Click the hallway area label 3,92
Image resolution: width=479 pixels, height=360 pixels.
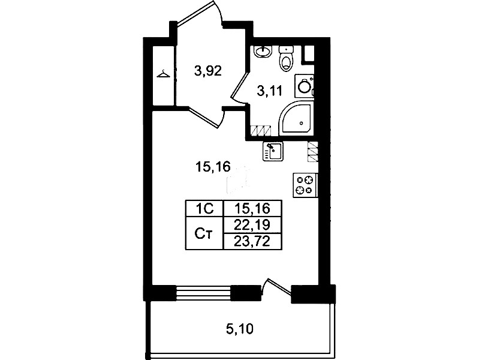[208, 71]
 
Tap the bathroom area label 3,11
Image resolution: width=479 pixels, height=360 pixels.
[269, 91]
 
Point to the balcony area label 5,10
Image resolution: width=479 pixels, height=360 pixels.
[240, 329]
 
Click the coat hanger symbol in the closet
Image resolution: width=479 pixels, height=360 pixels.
[163, 74]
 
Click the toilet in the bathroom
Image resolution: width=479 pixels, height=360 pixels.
[286, 58]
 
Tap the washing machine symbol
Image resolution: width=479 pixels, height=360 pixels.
[305, 86]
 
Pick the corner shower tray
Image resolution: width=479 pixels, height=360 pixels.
[296, 119]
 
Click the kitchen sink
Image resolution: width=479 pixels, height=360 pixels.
[273, 151]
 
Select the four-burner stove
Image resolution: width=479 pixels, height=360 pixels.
[305, 185]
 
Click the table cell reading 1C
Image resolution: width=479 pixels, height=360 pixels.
[204, 209]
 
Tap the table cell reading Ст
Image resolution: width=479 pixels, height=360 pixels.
[204, 233]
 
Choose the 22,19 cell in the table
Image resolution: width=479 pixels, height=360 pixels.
[252, 225]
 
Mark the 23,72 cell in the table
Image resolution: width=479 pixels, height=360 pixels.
[252, 241]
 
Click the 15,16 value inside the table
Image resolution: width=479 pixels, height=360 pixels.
[252, 209]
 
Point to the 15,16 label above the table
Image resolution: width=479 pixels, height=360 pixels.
[213, 167]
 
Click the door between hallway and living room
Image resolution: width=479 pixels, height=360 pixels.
[206, 117]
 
